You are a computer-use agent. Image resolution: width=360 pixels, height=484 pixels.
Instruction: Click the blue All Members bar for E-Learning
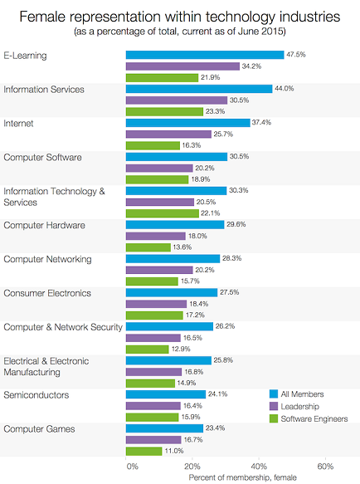(x=204, y=54)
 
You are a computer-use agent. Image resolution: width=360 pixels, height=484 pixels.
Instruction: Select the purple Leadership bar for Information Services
(x=177, y=100)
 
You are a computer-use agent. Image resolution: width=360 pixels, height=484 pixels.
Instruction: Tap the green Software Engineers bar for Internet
(x=153, y=145)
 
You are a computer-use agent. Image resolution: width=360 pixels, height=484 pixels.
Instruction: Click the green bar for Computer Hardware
(x=148, y=247)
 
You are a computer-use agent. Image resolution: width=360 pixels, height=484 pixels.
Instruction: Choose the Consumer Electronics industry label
(x=47, y=292)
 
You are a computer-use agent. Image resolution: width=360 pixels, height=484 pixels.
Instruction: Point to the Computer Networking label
(x=48, y=258)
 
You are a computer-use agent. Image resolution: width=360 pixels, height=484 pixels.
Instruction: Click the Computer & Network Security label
(x=63, y=326)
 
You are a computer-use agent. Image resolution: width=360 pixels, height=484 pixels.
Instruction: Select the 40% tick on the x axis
(x=259, y=467)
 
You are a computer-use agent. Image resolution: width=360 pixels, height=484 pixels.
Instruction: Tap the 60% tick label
(x=325, y=467)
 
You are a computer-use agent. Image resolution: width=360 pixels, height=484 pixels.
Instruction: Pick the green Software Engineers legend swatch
(x=274, y=419)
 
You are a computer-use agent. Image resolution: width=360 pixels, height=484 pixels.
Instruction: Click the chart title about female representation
(x=180, y=15)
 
